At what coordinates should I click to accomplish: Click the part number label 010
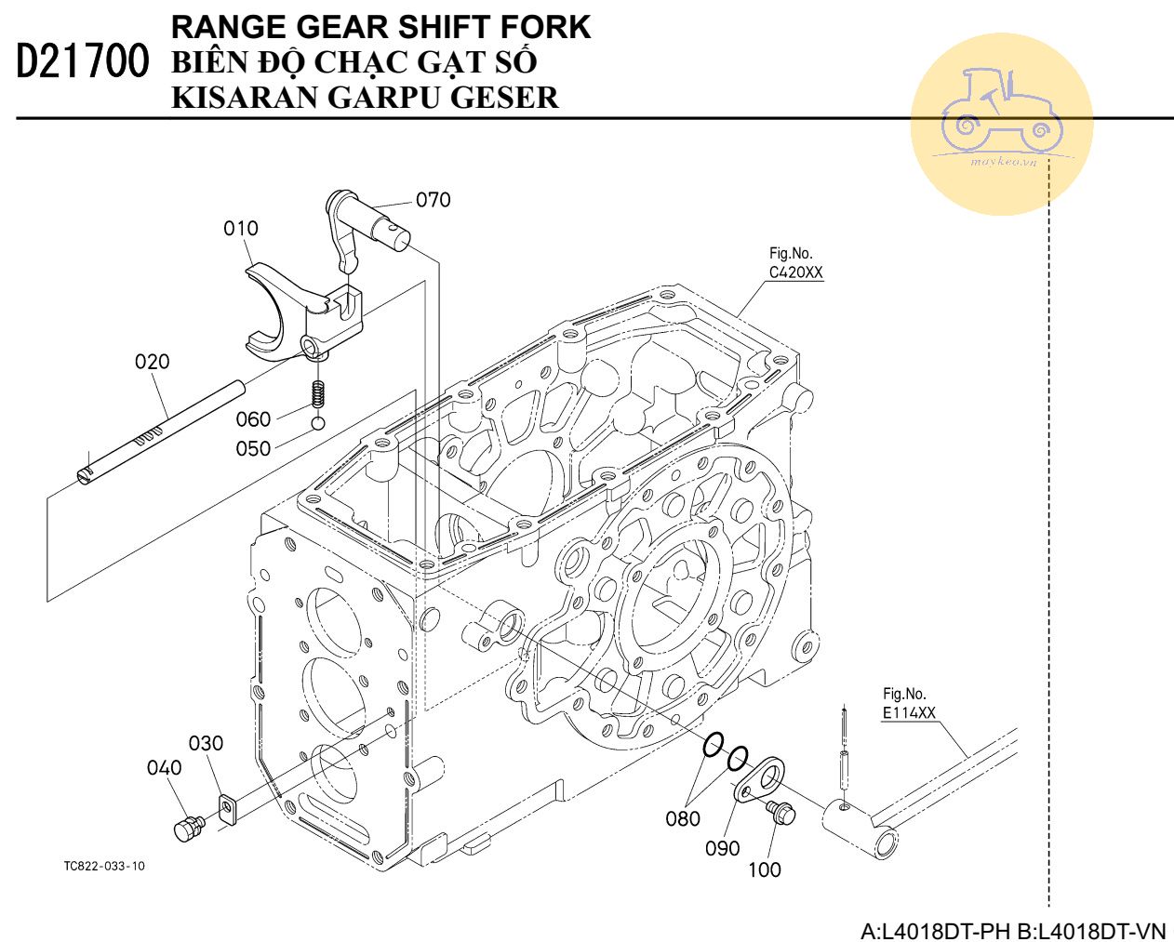[241, 229]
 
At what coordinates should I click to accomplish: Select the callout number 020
[153, 362]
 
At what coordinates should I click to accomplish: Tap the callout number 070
[433, 200]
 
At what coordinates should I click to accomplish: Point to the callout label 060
[253, 419]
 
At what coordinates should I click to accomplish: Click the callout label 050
[253, 449]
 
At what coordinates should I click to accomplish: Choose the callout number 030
[206, 744]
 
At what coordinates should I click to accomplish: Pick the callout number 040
[164, 768]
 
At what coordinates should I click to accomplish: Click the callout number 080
[683, 819]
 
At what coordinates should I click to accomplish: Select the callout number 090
[722, 849]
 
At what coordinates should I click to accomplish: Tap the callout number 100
[765, 870]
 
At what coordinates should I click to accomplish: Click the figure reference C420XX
[795, 273]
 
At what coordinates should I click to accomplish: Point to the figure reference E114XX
[909, 714]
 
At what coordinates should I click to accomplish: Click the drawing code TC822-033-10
[104, 867]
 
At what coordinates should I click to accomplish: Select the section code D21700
[83, 62]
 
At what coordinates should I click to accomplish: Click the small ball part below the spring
[318, 424]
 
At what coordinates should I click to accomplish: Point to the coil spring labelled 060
[318, 394]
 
